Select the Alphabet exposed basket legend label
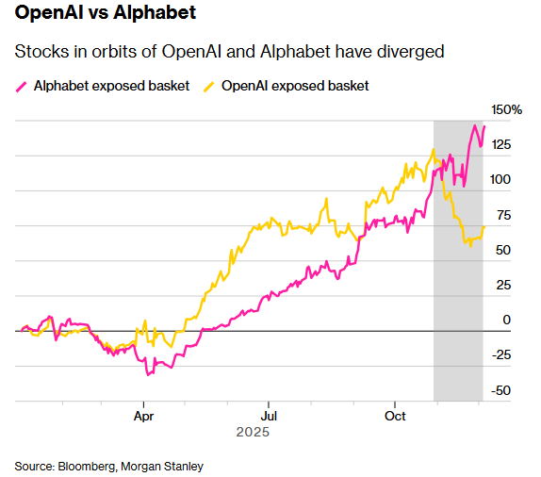pos(111,86)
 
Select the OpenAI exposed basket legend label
pos(294,86)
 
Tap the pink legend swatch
pos(22,86)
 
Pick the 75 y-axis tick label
pos(503,215)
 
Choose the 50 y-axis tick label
pos(503,250)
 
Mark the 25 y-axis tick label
pos(503,285)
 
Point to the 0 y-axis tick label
pos(506,321)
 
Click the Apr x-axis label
pos(143,415)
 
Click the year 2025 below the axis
pos(253,433)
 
